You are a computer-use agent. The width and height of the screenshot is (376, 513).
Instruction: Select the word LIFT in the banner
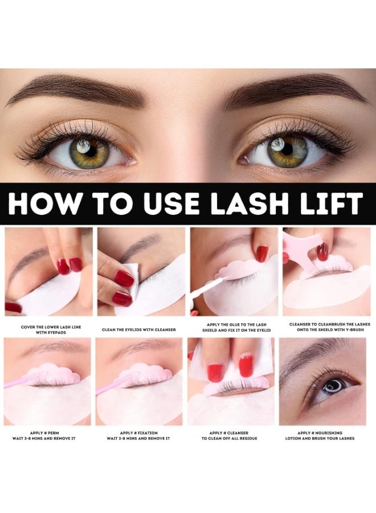[330, 203]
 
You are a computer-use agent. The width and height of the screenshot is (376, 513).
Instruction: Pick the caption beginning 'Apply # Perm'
[48, 435]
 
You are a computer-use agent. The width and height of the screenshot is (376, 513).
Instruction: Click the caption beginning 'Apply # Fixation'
[141, 435]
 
